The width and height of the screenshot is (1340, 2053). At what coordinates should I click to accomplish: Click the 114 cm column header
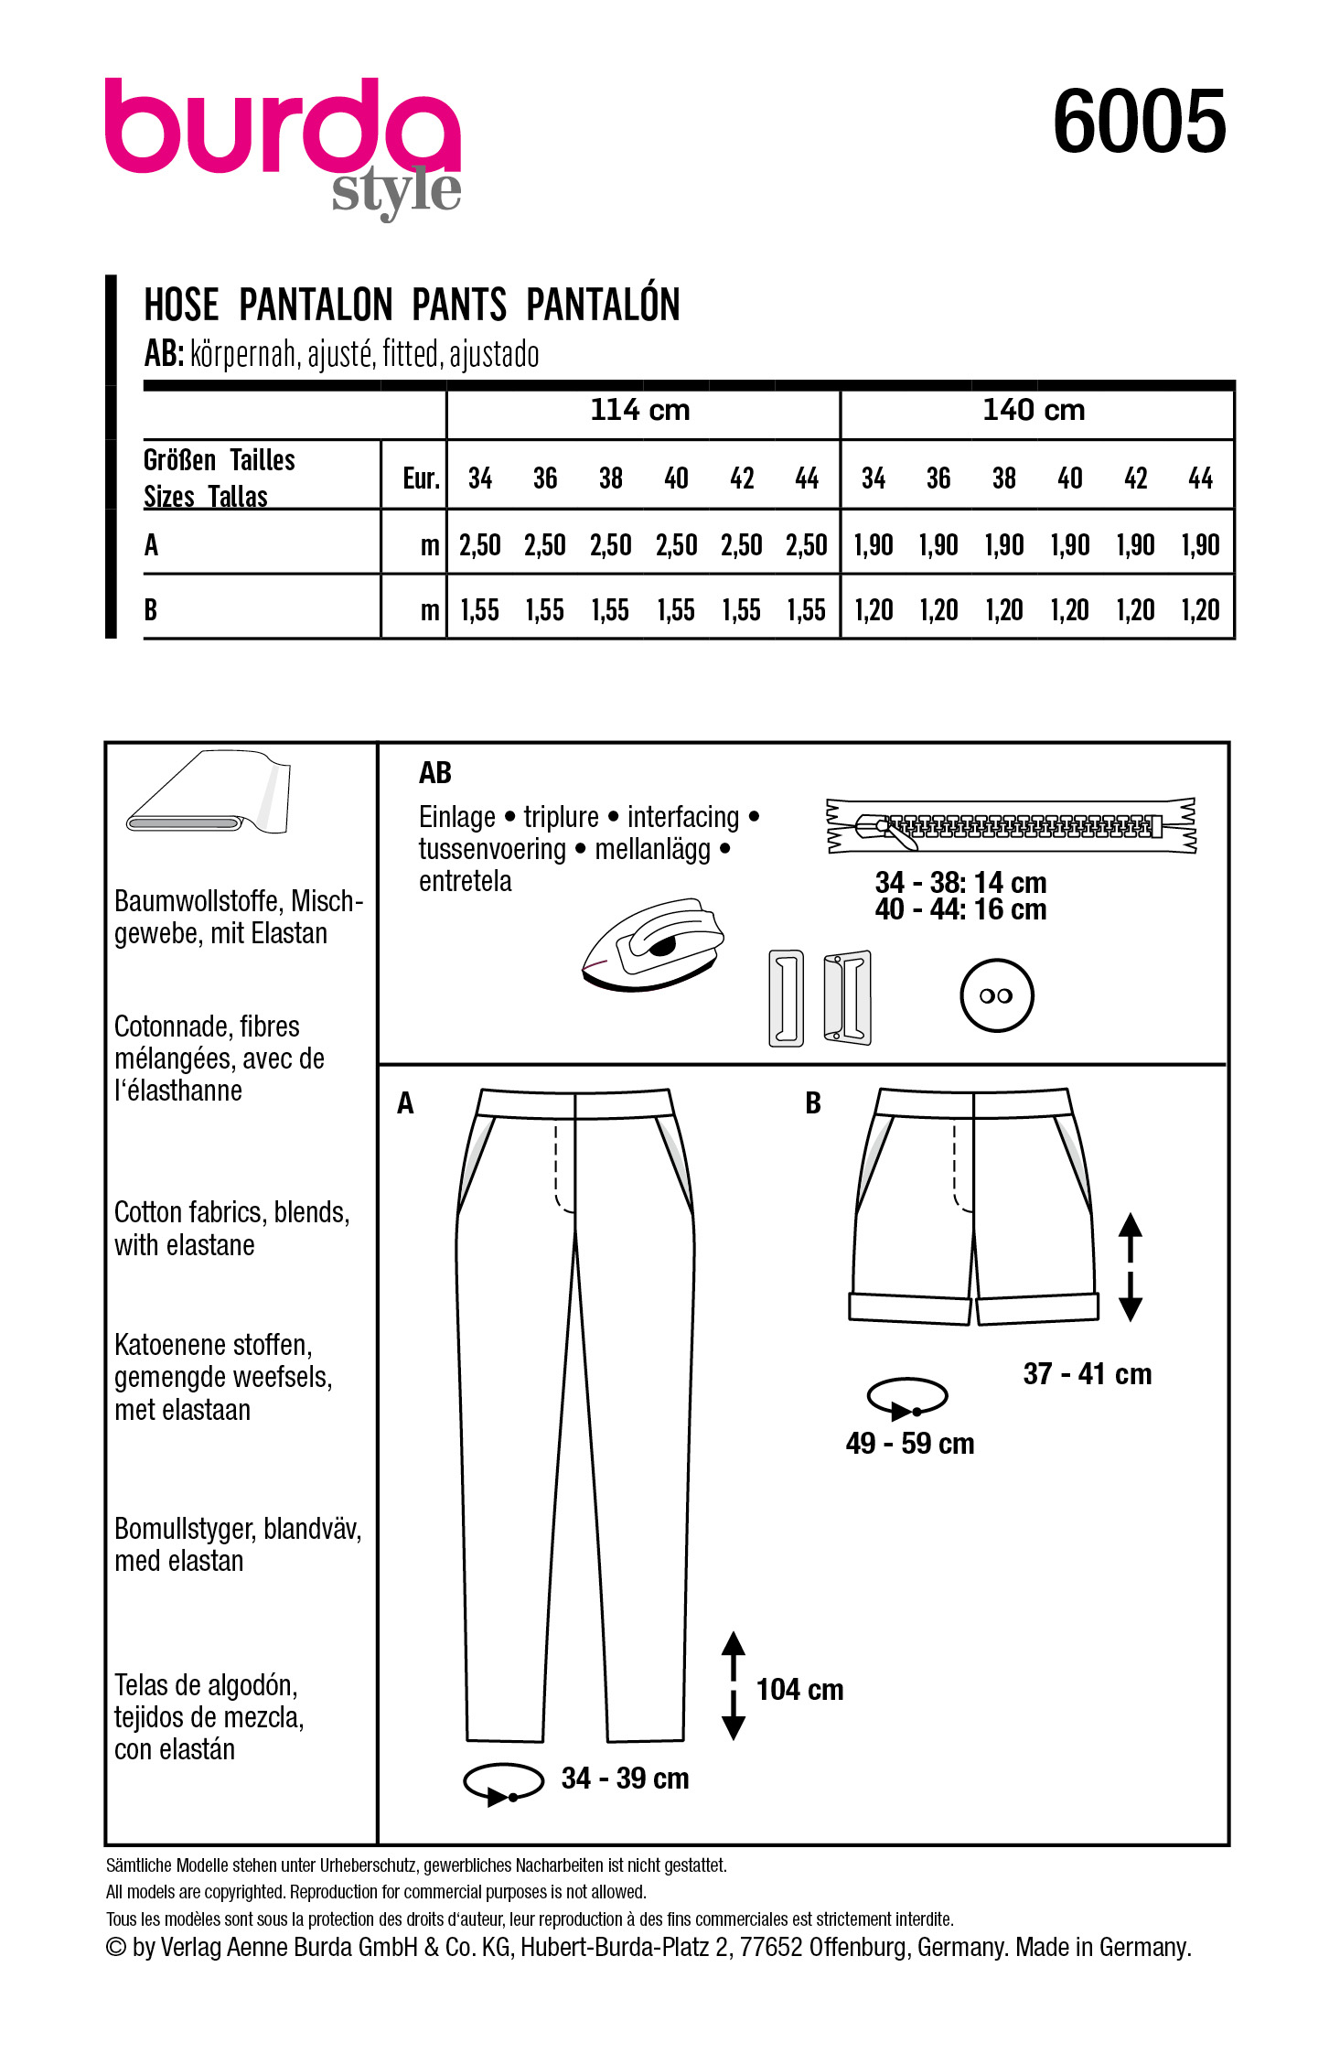click(x=640, y=410)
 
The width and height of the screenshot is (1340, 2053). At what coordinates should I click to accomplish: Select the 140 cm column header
click(x=1034, y=410)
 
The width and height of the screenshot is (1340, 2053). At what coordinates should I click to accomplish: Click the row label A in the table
click(x=152, y=545)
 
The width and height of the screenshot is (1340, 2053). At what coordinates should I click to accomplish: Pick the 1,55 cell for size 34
click(x=479, y=610)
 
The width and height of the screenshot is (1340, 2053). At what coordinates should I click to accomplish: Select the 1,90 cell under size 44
click(x=1200, y=545)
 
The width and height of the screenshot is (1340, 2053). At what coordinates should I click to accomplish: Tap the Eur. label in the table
click(x=421, y=478)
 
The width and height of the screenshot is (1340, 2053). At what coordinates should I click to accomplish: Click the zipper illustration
click(x=1011, y=825)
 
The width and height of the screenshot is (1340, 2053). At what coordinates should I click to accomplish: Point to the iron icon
click(x=653, y=943)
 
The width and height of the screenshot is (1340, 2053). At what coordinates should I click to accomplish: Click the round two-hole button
click(x=996, y=995)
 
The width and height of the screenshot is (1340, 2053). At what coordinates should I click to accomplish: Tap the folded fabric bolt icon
click(x=209, y=792)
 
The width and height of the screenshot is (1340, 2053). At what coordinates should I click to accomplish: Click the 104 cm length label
click(x=799, y=1689)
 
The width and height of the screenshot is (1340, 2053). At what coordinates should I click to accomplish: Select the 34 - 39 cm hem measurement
click(x=625, y=1778)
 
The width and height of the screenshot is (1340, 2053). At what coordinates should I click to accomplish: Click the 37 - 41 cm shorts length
click(x=1087, y=1373)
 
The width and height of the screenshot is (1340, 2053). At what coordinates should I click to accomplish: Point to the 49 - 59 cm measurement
click(x=910, y=1443)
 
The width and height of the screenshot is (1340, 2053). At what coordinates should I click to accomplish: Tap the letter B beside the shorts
click(x=813, y=1103)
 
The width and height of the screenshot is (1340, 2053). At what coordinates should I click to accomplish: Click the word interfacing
click(x=683, y=816)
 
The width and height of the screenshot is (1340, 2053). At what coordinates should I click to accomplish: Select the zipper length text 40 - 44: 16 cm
click(x=960, y=909)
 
